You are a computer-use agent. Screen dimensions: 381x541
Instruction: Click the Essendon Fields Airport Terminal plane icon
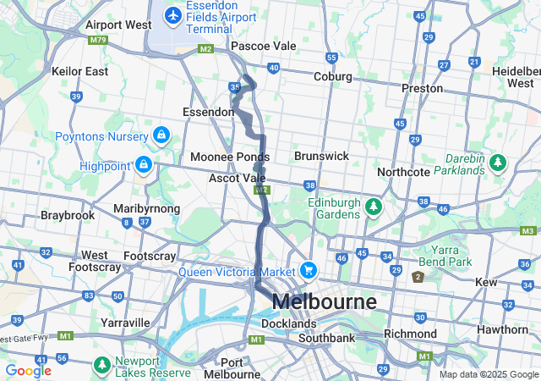173,15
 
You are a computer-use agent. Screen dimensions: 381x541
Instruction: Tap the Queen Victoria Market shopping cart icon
309,271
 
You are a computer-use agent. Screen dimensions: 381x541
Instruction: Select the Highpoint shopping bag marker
144,164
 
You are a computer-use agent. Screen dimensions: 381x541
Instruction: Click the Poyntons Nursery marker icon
161,135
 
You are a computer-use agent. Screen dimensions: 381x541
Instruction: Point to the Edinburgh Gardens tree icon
373,206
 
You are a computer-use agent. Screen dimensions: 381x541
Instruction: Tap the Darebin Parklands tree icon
498,161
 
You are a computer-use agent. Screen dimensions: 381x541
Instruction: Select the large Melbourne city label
325,301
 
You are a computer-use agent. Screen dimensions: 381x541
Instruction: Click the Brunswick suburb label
321,157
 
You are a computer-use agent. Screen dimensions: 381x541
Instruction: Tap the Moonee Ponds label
229,157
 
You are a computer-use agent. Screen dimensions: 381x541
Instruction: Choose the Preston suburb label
423,88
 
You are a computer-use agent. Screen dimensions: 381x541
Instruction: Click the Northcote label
403,172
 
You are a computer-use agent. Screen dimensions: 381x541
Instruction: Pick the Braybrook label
67,215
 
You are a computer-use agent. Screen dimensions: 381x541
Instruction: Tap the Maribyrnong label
146,208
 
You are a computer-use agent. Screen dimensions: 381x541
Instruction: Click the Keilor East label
79,71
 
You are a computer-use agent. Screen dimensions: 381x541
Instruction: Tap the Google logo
28,371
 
